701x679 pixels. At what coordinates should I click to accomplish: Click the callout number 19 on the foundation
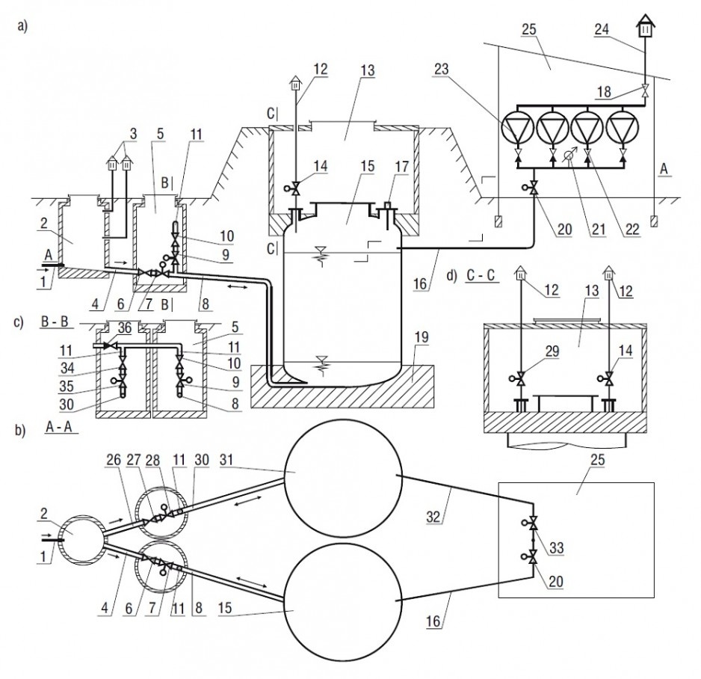point(421,337)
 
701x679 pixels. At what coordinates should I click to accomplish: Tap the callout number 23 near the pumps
point(440,70)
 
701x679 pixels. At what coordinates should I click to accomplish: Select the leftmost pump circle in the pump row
point(517,128)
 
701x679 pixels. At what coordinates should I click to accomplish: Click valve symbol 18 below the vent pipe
point(645,90)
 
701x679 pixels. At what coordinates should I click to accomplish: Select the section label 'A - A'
point(59,426)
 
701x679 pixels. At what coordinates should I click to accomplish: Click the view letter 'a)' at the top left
point(22,26)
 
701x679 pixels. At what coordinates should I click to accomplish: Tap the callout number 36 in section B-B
point(125,328)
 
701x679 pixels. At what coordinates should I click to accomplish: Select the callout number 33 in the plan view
point(556,548)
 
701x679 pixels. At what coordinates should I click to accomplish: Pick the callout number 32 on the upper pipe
point(433,517)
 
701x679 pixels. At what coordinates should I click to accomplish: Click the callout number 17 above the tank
point(402,167)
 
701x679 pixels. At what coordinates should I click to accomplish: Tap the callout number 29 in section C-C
point(552,351)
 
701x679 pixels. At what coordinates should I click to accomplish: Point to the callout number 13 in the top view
point(367,71)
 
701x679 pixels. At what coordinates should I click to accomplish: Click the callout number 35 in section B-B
point(67,386)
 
